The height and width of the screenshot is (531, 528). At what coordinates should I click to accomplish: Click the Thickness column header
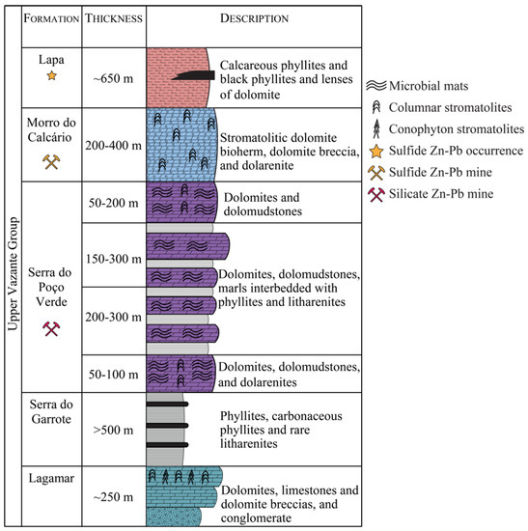(114, 19)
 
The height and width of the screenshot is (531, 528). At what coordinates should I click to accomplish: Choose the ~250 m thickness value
(114, 496)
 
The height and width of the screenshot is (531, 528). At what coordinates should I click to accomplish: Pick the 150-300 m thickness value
(114, 259)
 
